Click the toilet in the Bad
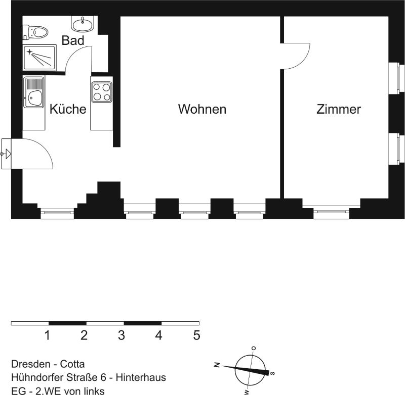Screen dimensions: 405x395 point(35,32)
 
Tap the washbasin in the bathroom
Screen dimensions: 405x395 point(82,24)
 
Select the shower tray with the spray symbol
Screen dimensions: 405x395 point(39,58)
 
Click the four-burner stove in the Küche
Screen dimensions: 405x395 point(102,92)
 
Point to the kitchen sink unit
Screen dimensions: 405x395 point(33,92)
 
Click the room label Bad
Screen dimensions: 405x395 point(73,40)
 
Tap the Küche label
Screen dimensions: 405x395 point(68,109)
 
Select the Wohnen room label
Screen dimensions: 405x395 point(202,109)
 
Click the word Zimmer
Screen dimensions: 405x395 point(339,109)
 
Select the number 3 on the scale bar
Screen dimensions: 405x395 point(121,335)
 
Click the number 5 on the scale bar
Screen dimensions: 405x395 point(196,335)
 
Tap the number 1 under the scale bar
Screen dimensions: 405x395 point(47,335)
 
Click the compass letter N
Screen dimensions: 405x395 point(217,365)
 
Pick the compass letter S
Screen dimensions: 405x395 point(272,373)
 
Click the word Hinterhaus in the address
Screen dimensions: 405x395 point(141,377)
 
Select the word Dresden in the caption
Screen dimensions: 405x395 point(31,364)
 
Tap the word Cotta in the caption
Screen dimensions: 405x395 point(72,364)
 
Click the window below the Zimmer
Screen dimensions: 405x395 point(332,211)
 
